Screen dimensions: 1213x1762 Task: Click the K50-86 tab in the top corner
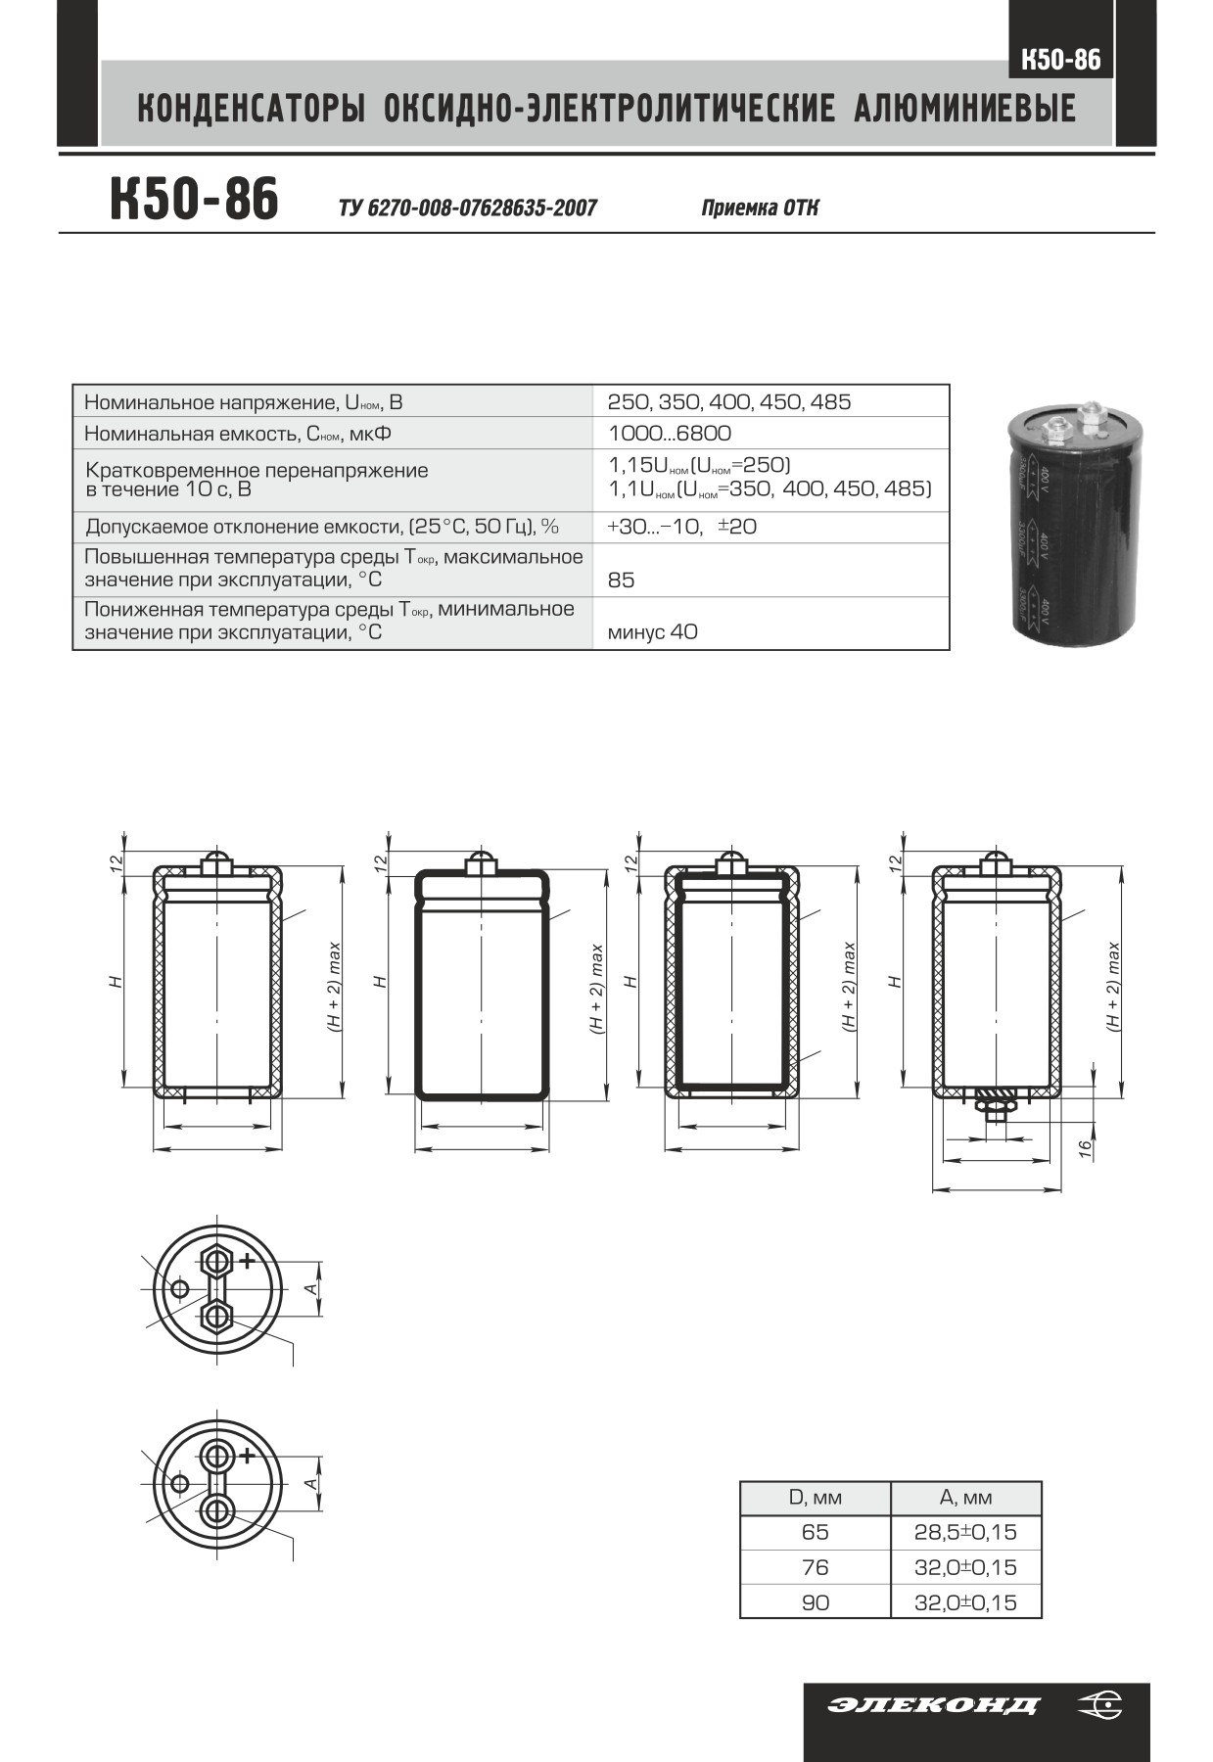(x=1060, y=60)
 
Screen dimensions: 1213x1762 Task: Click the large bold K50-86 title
(x=194, y=199)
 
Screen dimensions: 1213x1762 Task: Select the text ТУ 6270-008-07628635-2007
(x=467, y=208)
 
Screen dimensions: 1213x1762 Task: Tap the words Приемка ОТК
(x=760, y=208)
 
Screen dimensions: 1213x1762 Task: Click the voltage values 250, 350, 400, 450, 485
(x=729, y=401)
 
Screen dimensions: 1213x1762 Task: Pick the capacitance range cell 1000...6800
(x=670, y=433)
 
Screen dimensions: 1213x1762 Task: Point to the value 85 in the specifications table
(x=621, y=580)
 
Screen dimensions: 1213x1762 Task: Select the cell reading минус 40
(x=653, y=631)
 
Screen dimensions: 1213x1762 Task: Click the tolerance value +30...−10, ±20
(x=682, y=526)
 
